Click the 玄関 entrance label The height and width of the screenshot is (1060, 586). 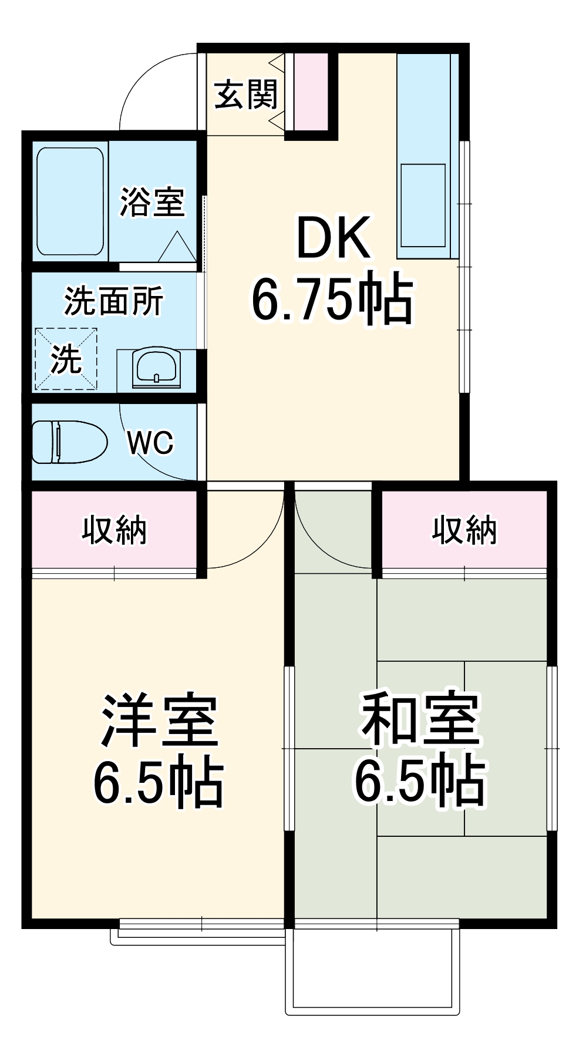point(245,95)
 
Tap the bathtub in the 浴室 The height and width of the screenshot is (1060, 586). point(70,201)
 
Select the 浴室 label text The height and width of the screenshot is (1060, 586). point(152,202)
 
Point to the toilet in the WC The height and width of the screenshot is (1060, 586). point(68,442)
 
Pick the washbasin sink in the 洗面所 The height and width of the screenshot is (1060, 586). point(156,368)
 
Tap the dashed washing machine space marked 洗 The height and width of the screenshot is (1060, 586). point(66,359)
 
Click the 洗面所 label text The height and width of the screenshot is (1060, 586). point(113,301)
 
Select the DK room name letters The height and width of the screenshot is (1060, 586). point(334,238)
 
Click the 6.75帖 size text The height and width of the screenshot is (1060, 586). point(332,298)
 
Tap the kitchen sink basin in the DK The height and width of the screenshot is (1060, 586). point(423,205)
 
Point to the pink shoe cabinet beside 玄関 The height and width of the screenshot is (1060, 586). point(311,92)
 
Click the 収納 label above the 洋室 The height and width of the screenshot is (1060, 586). point(114,530)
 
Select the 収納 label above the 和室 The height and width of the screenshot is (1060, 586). point(464,530)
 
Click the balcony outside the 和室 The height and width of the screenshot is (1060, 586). point(372,969)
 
